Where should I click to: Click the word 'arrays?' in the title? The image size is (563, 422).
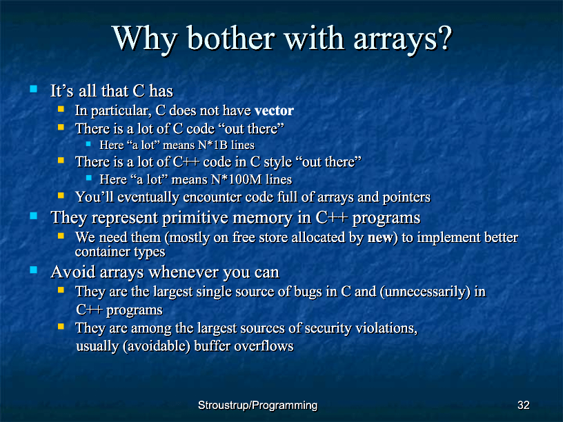(x=402, y=39)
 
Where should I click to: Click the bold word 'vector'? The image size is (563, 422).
(x=274, y=110)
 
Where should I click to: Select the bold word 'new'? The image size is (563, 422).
(x=380, y=238)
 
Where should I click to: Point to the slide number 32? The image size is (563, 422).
(x=523, y=405)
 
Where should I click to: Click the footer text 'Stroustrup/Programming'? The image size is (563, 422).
(x=257, y=405)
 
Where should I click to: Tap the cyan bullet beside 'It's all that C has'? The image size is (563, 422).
(x=34, y=89)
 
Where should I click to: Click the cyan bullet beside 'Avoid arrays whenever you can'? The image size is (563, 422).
(x=34, y=270)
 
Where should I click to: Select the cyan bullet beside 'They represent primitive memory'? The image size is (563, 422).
(x=34, y=216)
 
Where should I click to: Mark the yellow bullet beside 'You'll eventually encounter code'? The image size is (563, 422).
(x=61, y=196)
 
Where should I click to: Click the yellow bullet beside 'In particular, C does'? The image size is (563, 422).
(x=61, y=108)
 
